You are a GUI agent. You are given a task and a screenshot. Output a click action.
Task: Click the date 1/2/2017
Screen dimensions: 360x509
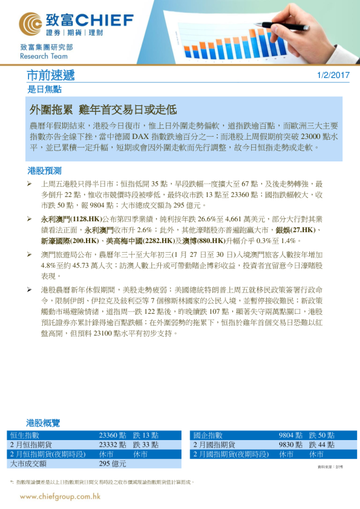[333, 76]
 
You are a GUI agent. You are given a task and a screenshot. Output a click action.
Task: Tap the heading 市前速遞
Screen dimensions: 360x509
[51, 76]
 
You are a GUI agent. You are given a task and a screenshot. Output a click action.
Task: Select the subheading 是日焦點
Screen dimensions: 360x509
[44, 89]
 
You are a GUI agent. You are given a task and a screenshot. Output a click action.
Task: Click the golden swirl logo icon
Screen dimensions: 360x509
[31, 24]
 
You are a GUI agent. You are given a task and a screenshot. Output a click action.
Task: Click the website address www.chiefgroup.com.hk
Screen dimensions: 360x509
[60, 496]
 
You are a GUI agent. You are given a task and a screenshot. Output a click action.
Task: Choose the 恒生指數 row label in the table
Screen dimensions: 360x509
[25, 435]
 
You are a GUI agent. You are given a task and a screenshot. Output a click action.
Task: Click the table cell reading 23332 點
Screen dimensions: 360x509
[112, 444]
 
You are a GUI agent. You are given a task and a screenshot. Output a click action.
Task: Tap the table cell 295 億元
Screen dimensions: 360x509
[113, 463]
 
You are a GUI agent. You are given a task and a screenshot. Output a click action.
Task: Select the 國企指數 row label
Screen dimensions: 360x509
[208, 435]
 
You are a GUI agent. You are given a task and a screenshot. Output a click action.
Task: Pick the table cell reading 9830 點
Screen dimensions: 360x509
[290, 444]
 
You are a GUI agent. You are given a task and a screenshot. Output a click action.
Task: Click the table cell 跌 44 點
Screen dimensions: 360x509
[322, 444]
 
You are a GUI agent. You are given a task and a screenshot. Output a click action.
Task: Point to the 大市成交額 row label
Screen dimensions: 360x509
[28, 463]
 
